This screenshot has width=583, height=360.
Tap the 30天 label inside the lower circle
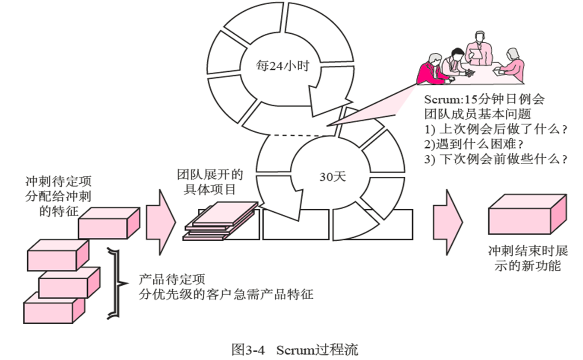coord(333,177)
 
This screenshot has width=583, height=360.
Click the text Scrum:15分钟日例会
coord(484,100)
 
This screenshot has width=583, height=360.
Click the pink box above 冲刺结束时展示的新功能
coord(527,216)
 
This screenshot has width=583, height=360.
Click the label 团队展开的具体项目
coord(210,182)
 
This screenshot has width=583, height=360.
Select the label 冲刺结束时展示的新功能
coord(527,258)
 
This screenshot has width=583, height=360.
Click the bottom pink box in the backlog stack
coord(54,307)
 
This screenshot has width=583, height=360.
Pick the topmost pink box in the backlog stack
coord(108,223)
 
